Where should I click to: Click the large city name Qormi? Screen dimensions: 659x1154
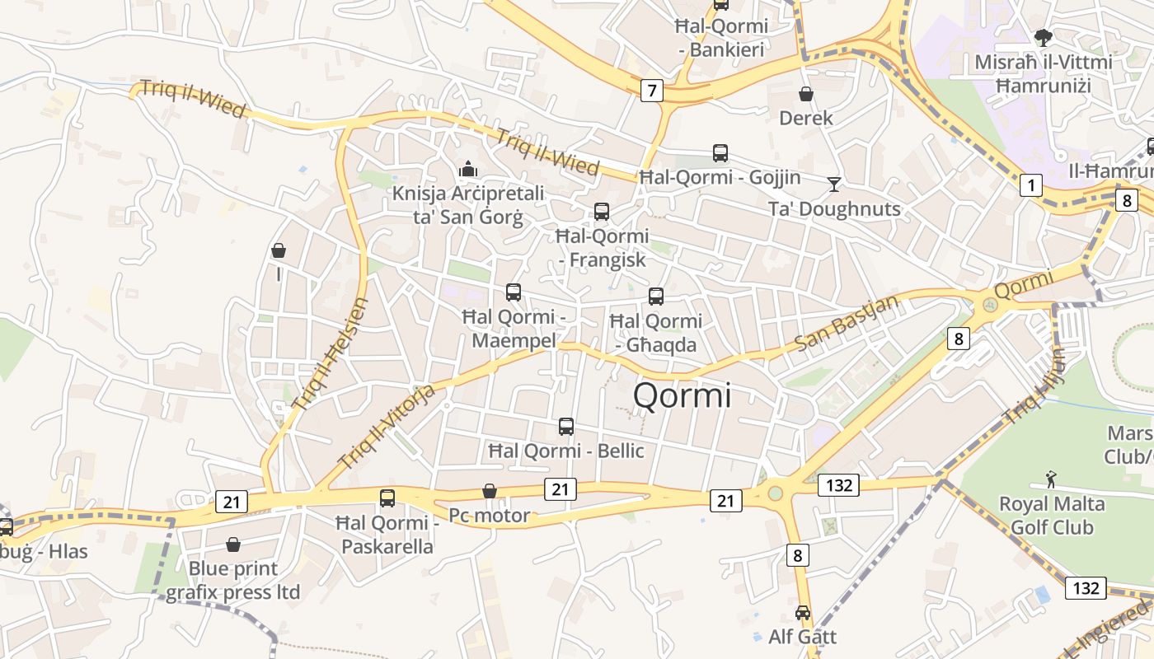click(682, 396)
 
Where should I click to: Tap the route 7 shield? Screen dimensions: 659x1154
click(651, 91)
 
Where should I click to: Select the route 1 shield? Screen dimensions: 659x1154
click(1030, 186)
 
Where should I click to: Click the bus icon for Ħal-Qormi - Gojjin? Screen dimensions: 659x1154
click(720, 153)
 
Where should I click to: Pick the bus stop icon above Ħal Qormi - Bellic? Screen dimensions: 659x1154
click(565, 427)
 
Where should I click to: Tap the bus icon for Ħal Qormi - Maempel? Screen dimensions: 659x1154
click(513, 292)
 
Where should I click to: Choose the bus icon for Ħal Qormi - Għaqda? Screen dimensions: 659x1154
click(655, 297)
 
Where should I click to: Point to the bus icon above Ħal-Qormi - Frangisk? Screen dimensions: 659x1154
click(601, 212)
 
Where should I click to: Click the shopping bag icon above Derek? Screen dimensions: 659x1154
click(805, 95)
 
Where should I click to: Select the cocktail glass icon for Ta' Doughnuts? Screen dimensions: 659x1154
click(834, 184)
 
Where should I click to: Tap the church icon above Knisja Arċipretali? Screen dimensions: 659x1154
click(468, 169)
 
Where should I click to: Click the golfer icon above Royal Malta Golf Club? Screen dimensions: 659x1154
click(1050, 479)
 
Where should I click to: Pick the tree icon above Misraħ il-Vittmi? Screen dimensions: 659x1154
click(1043, 37)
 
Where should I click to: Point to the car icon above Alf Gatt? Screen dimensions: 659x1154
click(802, 613)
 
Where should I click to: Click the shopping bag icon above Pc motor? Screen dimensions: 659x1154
click(489, 491)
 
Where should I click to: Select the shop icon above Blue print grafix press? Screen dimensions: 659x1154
click(232, 544)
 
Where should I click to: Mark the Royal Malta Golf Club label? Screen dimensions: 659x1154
click(1052, 515)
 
